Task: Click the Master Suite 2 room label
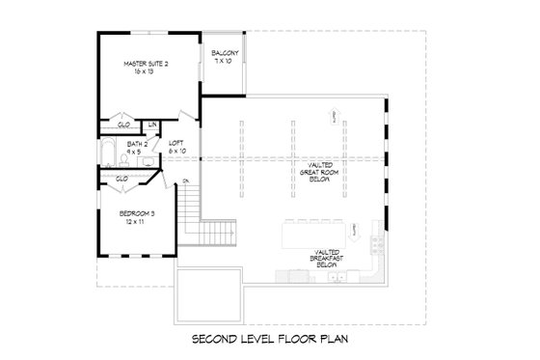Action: pyautogui.click(x=146, y=64)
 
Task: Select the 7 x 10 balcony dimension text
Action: pyautogui.click(x=225, y=61)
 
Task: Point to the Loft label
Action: pyautogui.click(x=176, y=142)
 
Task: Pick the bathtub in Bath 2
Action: pyautogui.click(x=108, y=152)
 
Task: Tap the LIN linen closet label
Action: pyautogui.click(x=153, y=125)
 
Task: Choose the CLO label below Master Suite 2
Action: pyautogui.click(x=123, y=125)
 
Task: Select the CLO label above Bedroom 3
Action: pyautogui.click(x=122, y=179)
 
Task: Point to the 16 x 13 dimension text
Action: pyautogui.click(x=146, y=73)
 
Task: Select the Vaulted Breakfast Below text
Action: pyautogui.click(x=323, y=256)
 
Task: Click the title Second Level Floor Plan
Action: pyautogui.click(x=269, y=340)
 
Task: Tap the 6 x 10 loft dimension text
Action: pyautogui.click(x=176, y=151)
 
